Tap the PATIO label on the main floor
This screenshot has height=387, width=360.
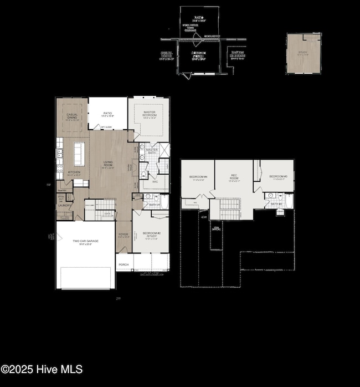pyautogui.click(x=107, y=113)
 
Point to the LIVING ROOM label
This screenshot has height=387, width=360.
pyautogui.click(x=107, y=163)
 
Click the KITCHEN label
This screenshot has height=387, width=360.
pyautogui.click(x=74, y=172)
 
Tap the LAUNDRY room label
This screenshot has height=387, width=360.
pyautogui.click(x=64, y=205)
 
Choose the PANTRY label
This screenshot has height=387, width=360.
pyautogui.click(x=62, y=191)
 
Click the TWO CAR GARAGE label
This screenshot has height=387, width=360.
pyautogui.click(x=85, y=241)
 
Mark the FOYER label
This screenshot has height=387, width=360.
pyautogui.click(x=124, y=235)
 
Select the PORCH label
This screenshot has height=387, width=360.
pyautogui.click(x=124, y=264)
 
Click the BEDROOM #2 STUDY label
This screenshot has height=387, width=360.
pyautogui.click(x=151, y=235)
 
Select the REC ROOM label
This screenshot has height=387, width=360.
pyautogui.click(x=234, y=177)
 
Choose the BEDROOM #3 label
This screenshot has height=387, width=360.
pyautogui.click(x=277, y=177)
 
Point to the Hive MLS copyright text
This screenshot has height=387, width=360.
pyautogui.click(x=42, y=369)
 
